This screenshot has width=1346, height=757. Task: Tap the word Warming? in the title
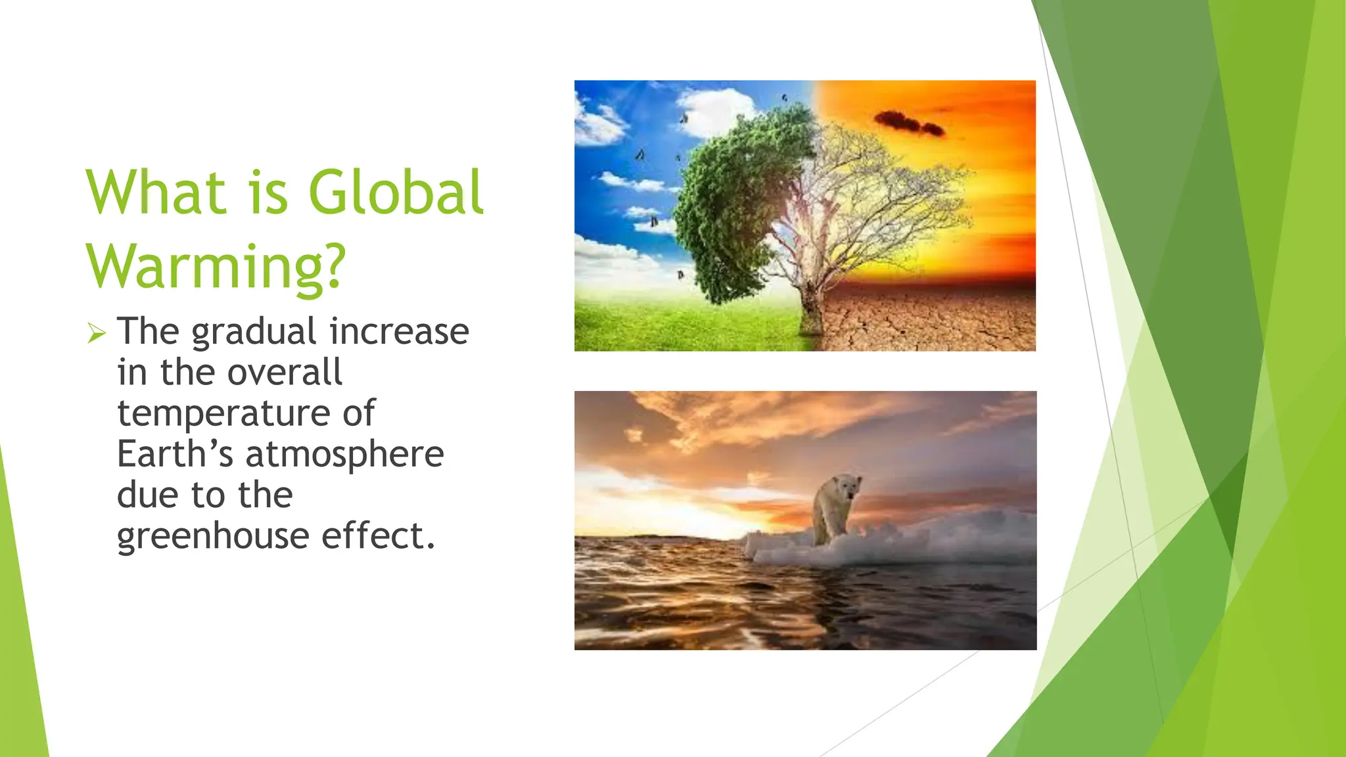point(216,267)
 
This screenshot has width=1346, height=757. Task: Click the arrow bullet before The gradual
point(96,333)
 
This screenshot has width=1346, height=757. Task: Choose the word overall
point(284,373)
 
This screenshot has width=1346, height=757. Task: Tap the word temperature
point(223,414)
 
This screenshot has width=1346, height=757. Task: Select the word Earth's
point(175,454)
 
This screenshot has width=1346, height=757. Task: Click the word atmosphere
point(345,455)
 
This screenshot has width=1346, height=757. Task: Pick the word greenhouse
point(213,536)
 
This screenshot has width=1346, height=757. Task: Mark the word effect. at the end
point(378,536)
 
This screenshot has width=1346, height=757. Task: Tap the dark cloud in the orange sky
point(909,123)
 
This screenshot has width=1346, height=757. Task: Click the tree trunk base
point(810,322)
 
